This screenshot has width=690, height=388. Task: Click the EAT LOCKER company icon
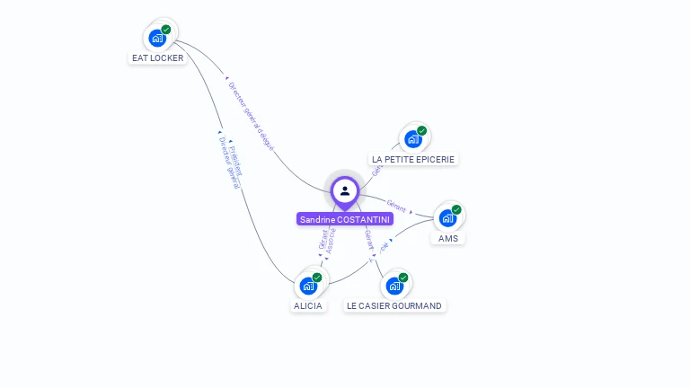point(158,38)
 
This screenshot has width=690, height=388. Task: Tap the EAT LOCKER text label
point(158,58)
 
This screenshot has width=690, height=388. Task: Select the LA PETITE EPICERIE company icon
point(413,138)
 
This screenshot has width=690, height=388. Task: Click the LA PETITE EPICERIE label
point(414,159)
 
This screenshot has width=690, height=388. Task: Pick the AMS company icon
point(447,217)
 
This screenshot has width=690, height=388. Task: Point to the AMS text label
point(448,238)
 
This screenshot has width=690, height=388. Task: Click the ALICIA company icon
point(309,286)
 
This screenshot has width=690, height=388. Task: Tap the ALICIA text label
point(308,305)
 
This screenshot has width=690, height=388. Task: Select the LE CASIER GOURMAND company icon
point(394,286)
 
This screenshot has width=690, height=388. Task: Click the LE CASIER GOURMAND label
point(394,305)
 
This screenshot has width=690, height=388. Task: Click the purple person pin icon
point(345,191)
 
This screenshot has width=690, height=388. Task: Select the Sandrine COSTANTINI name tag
point(345,219)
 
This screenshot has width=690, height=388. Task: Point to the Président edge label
point(236,156)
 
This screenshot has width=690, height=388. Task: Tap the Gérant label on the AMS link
point(396,206)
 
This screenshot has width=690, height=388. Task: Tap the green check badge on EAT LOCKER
point(166,30)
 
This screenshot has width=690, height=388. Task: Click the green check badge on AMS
point(456,209)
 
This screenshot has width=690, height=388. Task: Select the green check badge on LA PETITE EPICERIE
point(421,130)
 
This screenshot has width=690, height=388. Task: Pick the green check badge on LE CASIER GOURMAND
point(402,278)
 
